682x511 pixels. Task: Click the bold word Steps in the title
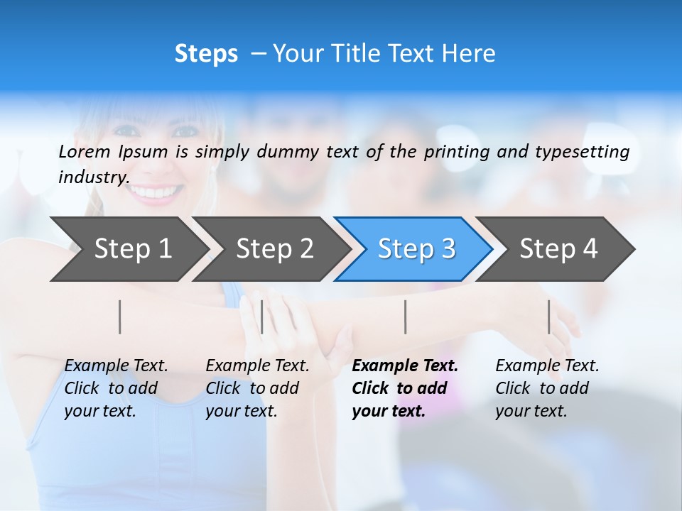(206, 54)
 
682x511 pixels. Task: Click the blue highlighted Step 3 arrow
(416, 248)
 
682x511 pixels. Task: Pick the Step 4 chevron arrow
(558, 248)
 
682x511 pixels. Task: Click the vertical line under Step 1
(120, 317)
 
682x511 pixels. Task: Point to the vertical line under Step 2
(262, 317)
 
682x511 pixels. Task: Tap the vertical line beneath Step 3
(405, 317)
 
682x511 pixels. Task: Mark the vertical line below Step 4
(549, 317)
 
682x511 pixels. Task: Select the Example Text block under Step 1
(116, 388)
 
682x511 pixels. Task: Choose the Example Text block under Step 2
(257, 388)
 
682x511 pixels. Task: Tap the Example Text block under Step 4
(547, 388)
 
